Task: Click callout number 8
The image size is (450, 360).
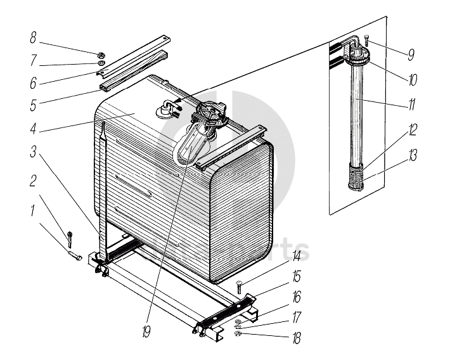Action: [x=33, y=37]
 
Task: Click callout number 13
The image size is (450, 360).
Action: [x=412, y=155]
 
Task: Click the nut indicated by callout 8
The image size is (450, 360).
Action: [x=101, y=53]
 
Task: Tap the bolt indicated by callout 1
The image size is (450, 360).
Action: [x=74, y=257]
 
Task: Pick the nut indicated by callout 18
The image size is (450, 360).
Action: [x=237, y=334]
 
